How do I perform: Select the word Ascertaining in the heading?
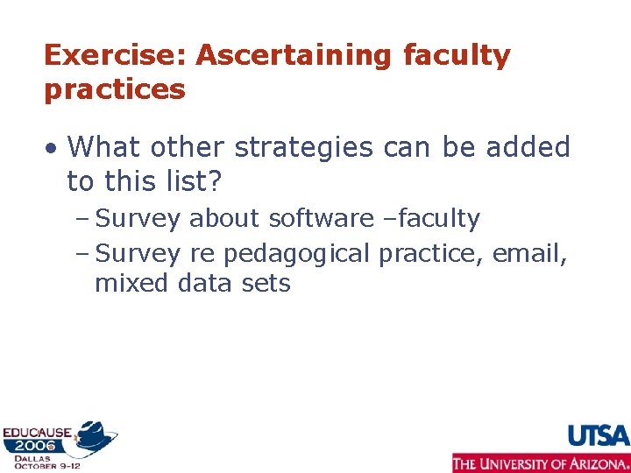click(x=294, y=55)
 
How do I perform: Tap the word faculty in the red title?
click(x=456, y=55)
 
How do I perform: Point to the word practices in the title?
click(x=115, y=89)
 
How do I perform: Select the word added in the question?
click(x=528, y=147)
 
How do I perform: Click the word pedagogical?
click(x=297, y=253)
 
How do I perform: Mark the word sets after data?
click(x=266, y=283)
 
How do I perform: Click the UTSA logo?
click(x=599, y=435)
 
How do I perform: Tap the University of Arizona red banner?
click(x=541, y=463)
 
